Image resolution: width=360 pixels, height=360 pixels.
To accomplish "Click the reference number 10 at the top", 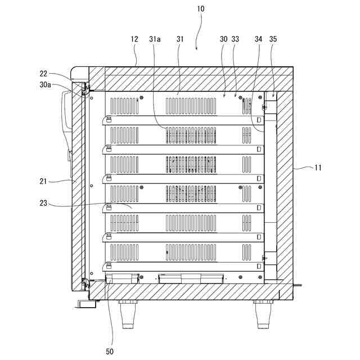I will click(x=201, y=9).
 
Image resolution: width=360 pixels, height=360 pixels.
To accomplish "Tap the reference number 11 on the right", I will click(x=318, y=167).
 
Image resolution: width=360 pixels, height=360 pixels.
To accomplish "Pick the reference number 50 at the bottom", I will click(x=110, y=352).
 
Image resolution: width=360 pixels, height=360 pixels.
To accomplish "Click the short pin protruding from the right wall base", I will click(x=298, y=285).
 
